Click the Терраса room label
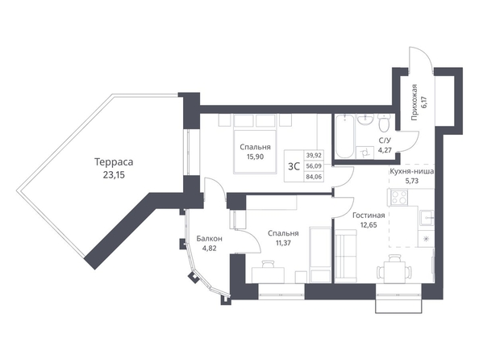[114, 162]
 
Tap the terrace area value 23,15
[114, 176]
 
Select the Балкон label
[209, 239]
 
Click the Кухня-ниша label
[411, 172]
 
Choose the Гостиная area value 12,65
[369, 225]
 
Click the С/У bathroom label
[385, 140]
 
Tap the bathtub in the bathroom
[345, 136]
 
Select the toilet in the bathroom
[383, 123]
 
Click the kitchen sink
[426, 217]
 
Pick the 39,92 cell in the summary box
[314, 155]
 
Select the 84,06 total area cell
[314, 177]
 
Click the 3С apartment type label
[294, 166]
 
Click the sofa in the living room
[346, 256]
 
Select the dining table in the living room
[394, 271]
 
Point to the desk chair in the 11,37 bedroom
[269, 264]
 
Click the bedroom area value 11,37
[283, 243]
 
